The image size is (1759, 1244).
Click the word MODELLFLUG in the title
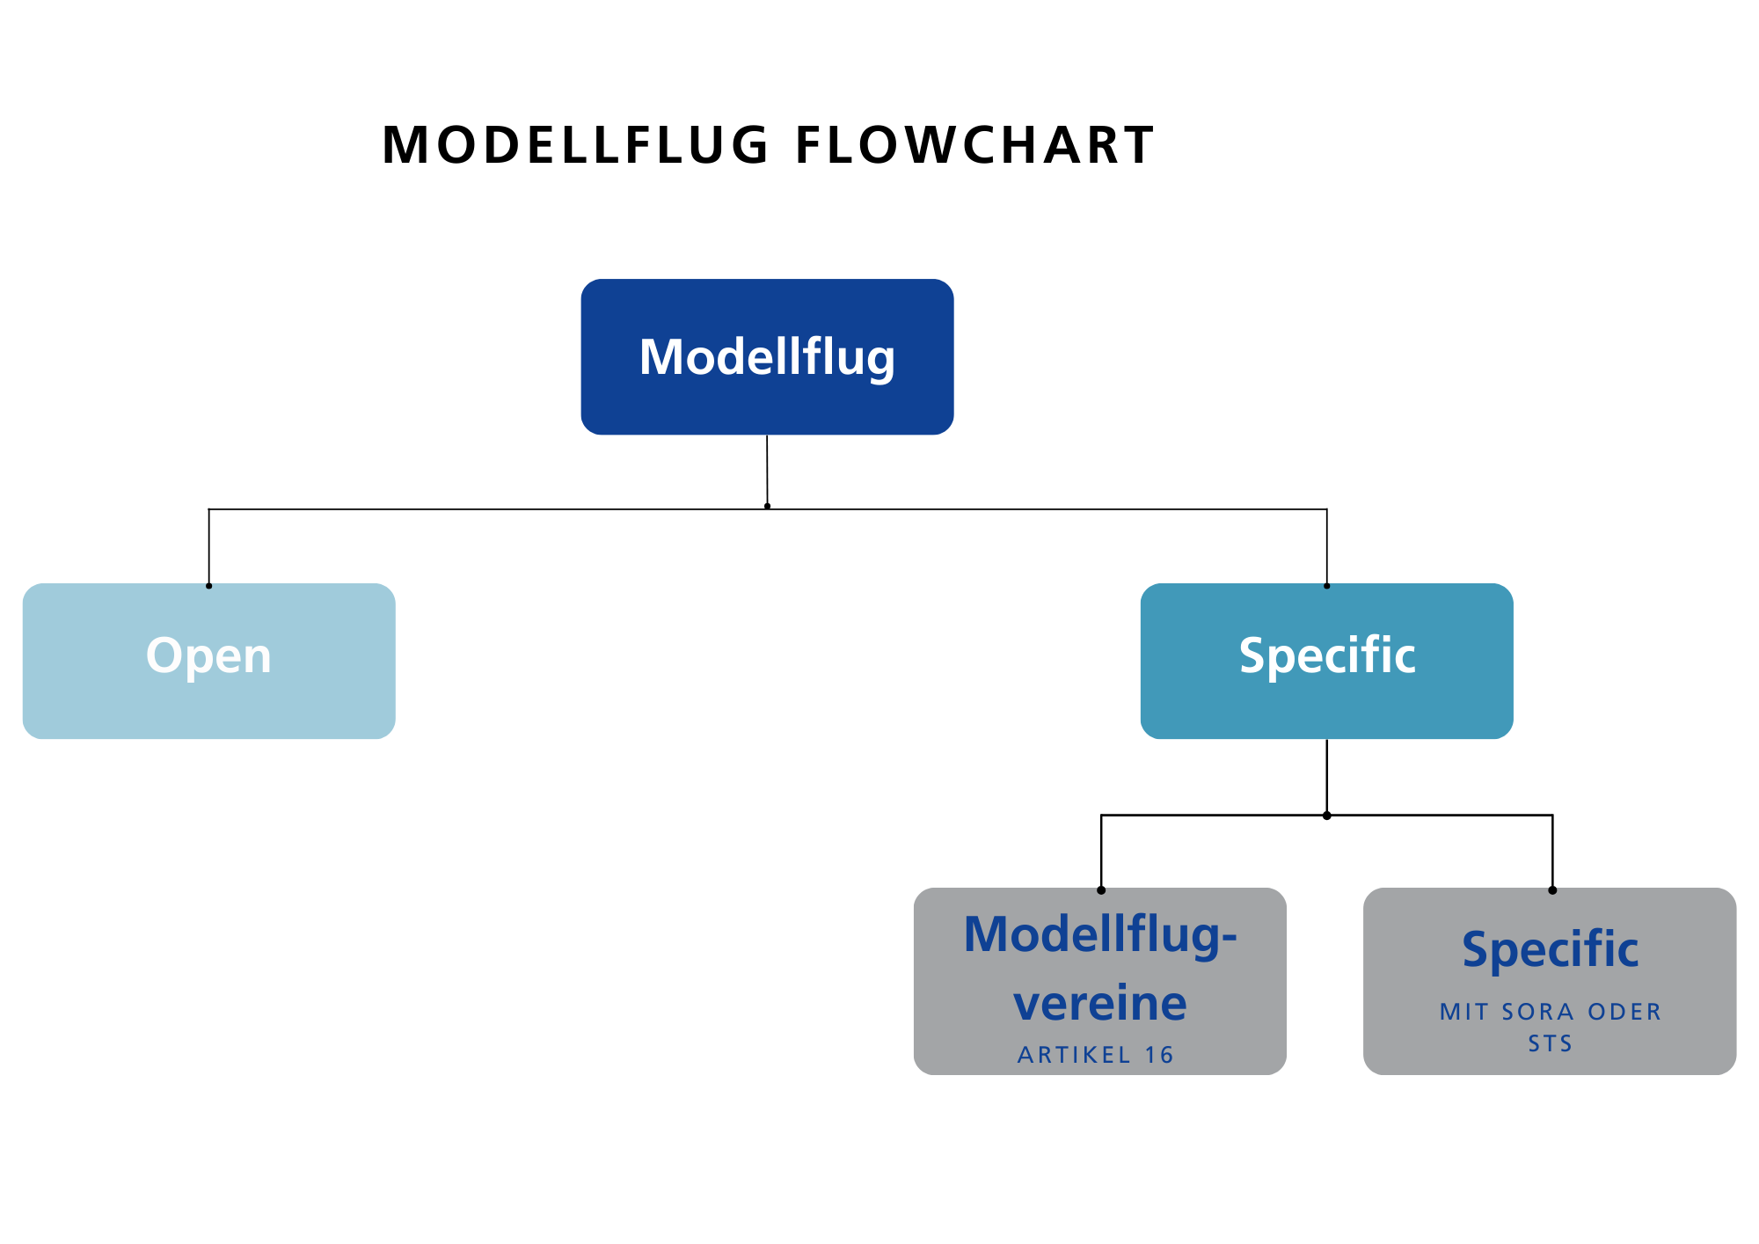[x=576, y=145]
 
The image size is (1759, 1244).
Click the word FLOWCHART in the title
[x=974, y=145]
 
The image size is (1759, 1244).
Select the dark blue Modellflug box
[x=767, y=356]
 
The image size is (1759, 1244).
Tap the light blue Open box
[x=208, y=661]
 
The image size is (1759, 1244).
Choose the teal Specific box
[x=1326, y=661]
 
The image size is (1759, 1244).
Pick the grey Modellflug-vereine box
[x=1100, y=981]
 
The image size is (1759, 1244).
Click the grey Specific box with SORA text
[x=1550, y=981]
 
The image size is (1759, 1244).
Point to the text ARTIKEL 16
[x=1096, y=1055]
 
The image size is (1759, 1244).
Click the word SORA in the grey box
[x=1538, y=1012]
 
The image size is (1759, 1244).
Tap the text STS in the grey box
[x=1550, y=1043]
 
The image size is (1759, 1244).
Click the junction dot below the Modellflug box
[x=767, y=506]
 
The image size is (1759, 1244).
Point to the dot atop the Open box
[x=208, y=586]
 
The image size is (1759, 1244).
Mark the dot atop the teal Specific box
[x=1326, y=586]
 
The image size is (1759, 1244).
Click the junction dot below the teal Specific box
[x=1326, y=816]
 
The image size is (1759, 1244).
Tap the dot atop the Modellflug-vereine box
[x=1101, y=890]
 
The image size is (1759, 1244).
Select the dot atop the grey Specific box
[x=1552, y=890]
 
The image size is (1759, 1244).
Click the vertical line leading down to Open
[x=208, y=546]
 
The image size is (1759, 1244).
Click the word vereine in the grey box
[x=1100, y=1003]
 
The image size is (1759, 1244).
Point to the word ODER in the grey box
[x=1624, y=1012]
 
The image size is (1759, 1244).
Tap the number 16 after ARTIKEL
[x=1159, y=1055]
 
